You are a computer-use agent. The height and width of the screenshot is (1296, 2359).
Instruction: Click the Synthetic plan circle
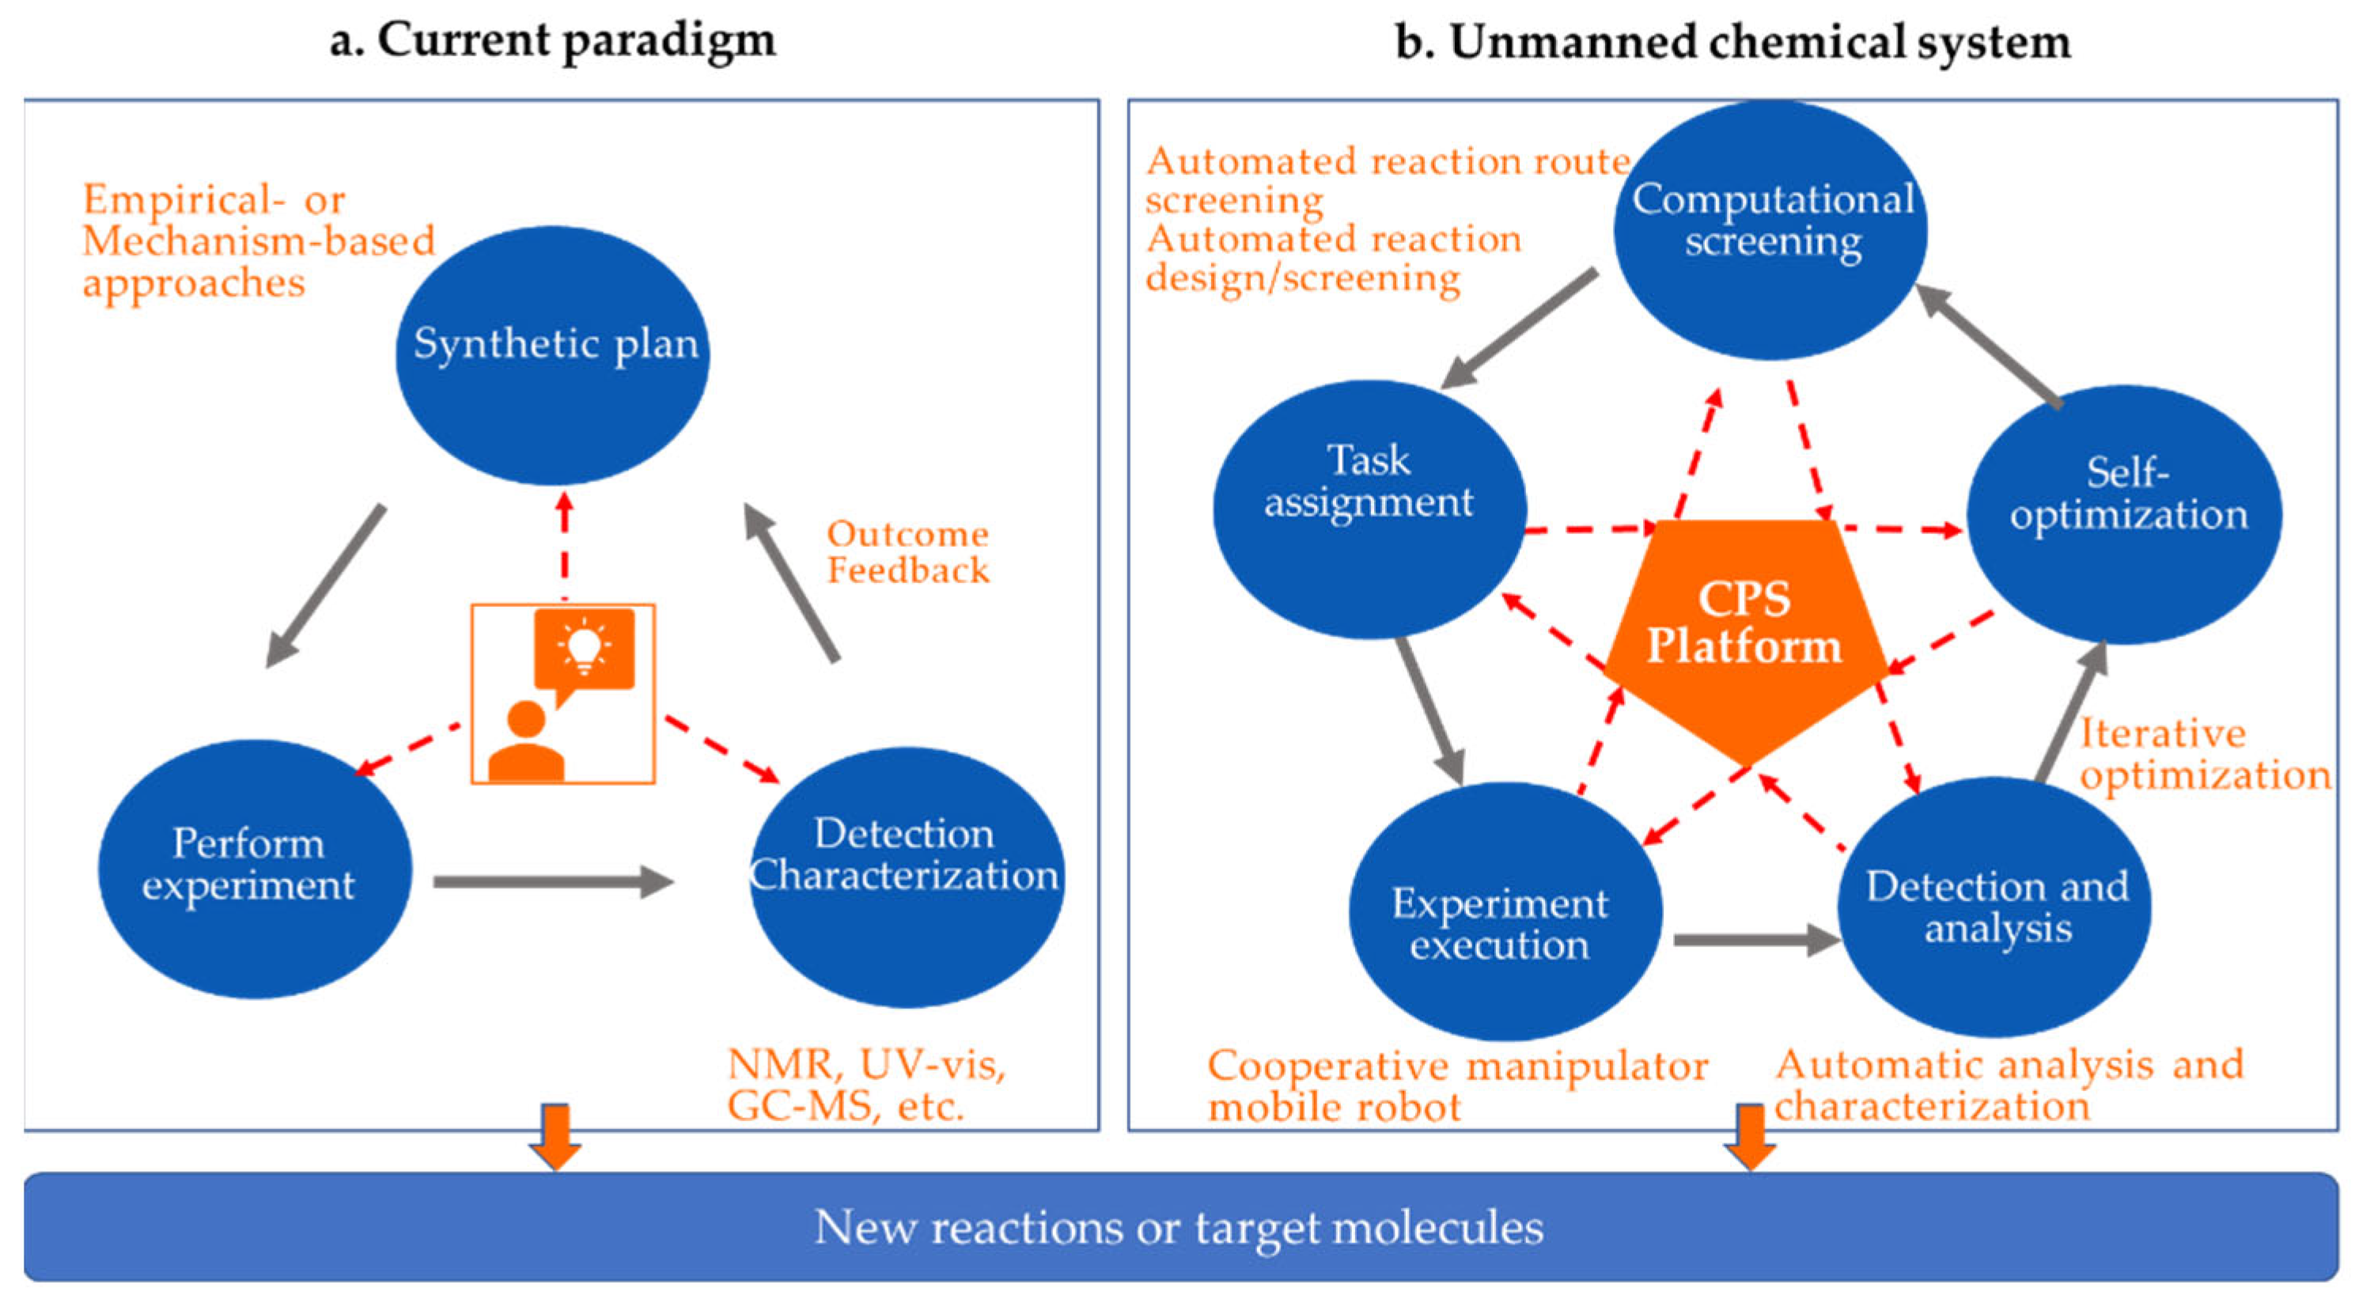tap(552, 355)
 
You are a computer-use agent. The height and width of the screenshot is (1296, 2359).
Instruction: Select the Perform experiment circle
tap(255, 868)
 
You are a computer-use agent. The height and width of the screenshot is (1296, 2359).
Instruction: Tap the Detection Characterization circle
tap(906, 877)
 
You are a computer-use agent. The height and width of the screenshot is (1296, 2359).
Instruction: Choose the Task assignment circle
tap(1369, 508)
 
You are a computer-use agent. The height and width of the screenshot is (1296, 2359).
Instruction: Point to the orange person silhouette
tap(525, 744)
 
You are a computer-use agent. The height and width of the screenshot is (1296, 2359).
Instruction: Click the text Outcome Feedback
tap(907, 552)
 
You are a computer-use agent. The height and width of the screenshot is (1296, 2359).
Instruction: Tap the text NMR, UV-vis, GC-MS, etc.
tap(865, 1086)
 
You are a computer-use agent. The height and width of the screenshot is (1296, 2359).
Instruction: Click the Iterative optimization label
tap(2202, 755)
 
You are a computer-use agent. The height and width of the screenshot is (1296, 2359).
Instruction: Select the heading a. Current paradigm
tap(552, 41)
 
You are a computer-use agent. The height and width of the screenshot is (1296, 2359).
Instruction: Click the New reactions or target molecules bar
tap(1179, 1226)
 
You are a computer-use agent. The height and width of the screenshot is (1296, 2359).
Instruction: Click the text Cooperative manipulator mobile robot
tap(1456, 1086)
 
